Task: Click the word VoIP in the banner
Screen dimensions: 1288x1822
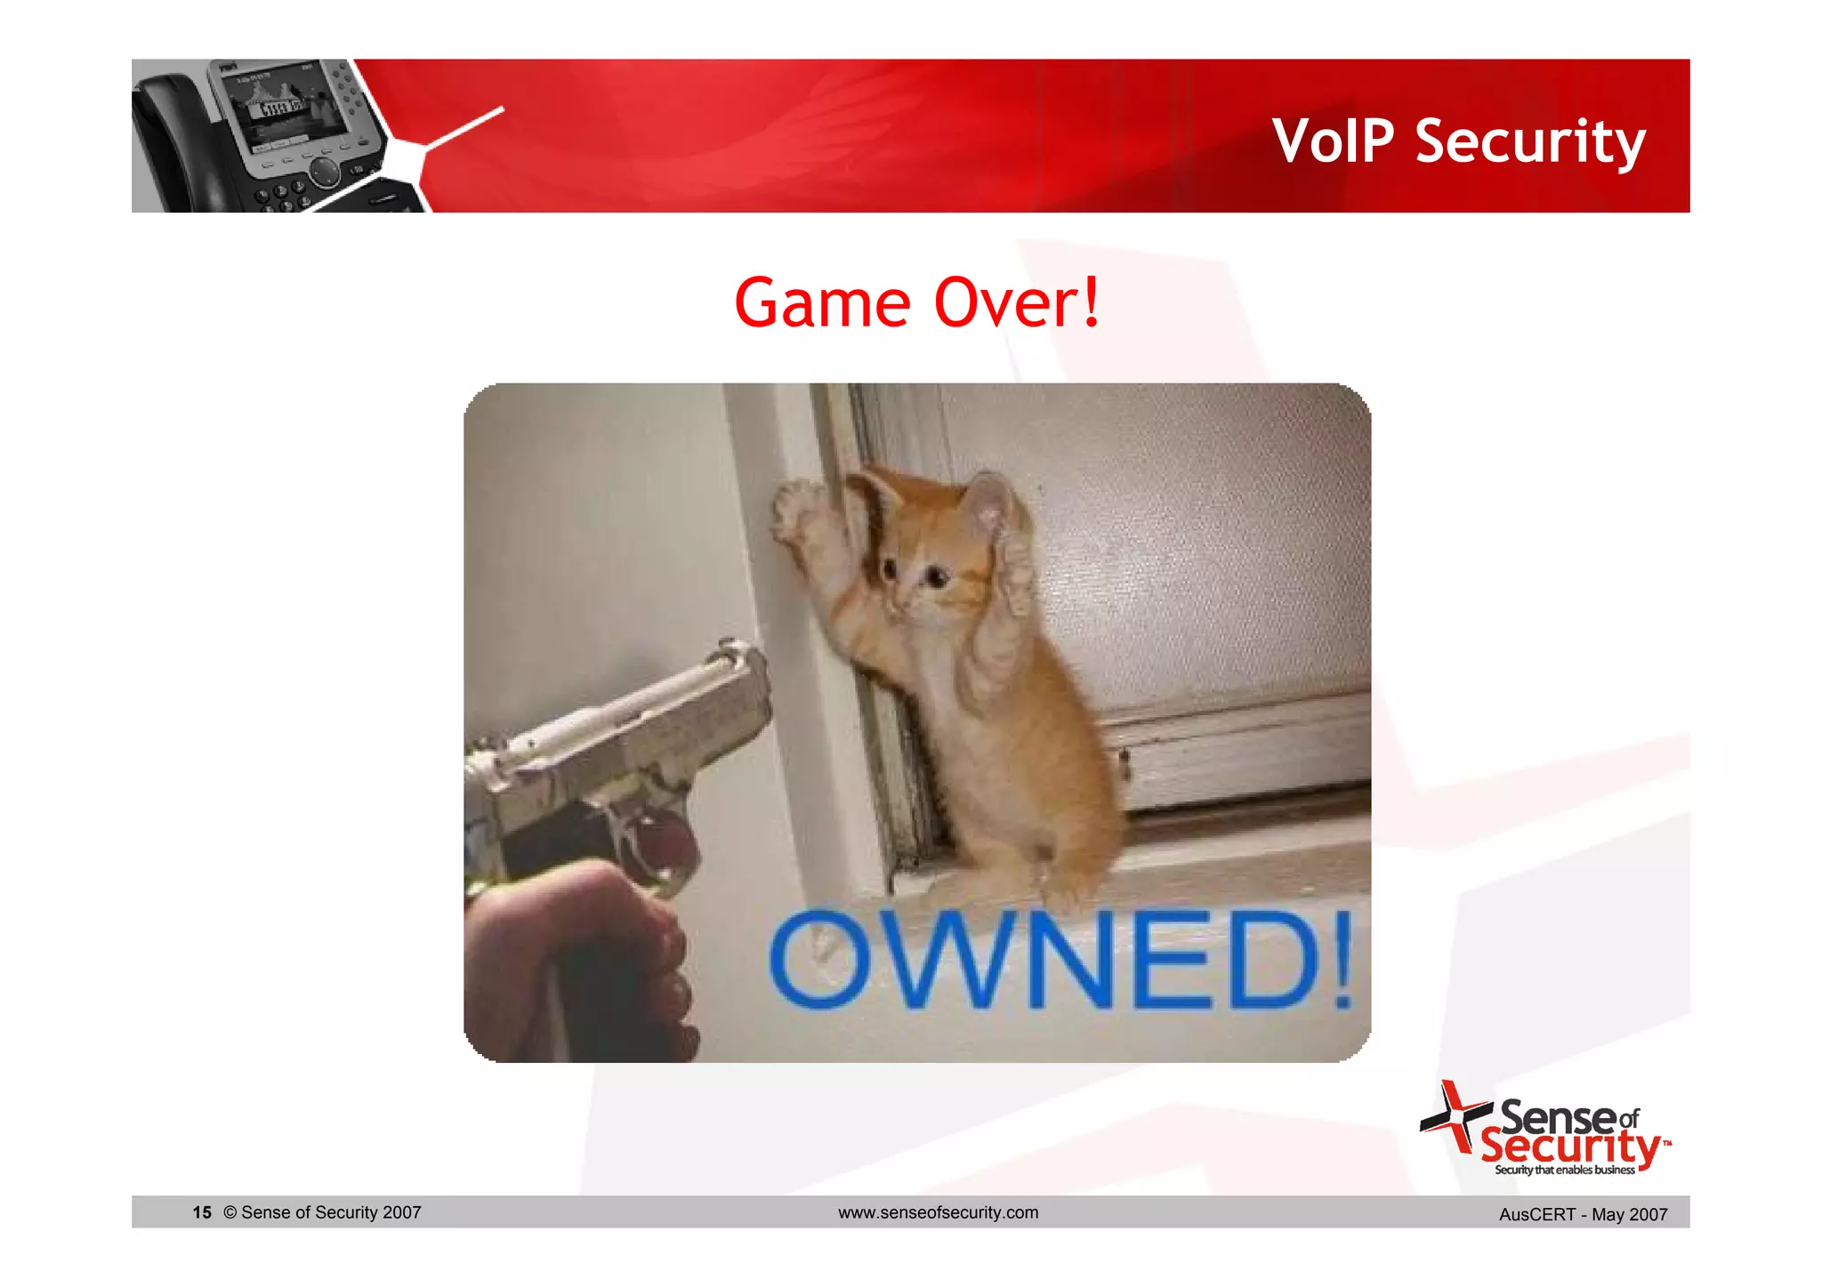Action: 1333,141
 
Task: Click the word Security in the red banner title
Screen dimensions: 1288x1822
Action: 1530,141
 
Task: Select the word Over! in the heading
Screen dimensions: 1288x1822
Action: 1018,303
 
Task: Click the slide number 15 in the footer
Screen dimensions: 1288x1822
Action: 202,1212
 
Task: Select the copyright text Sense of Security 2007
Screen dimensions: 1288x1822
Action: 322,1212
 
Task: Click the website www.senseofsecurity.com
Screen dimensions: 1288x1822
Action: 938,1212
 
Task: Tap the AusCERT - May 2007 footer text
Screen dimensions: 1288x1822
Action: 1583,1214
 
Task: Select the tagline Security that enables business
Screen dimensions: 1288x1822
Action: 1564,1170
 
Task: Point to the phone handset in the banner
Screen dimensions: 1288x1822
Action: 169,142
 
